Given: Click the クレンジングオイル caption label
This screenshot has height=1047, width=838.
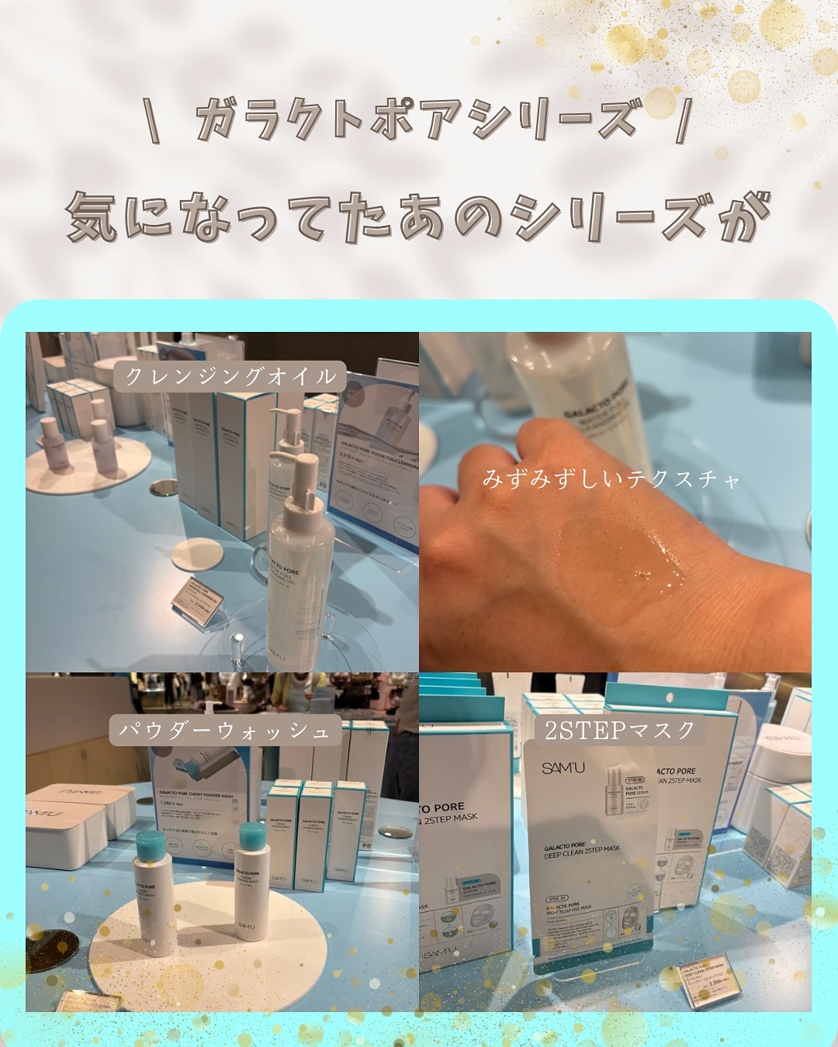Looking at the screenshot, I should (230, 376).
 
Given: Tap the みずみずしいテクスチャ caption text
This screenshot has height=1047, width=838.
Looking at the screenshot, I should (611, 479).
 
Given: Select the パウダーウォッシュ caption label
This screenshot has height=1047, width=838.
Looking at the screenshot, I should (224, 730).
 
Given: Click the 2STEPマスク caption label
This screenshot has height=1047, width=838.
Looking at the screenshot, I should (619, 730).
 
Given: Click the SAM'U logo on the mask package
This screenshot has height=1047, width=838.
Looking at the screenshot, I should (563, 768).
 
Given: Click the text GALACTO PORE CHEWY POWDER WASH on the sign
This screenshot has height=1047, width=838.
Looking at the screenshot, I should (196, 795).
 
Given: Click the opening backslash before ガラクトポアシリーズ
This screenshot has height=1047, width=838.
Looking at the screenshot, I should (154, 120).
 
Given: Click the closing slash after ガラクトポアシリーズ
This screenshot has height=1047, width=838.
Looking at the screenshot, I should (682, 120).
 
